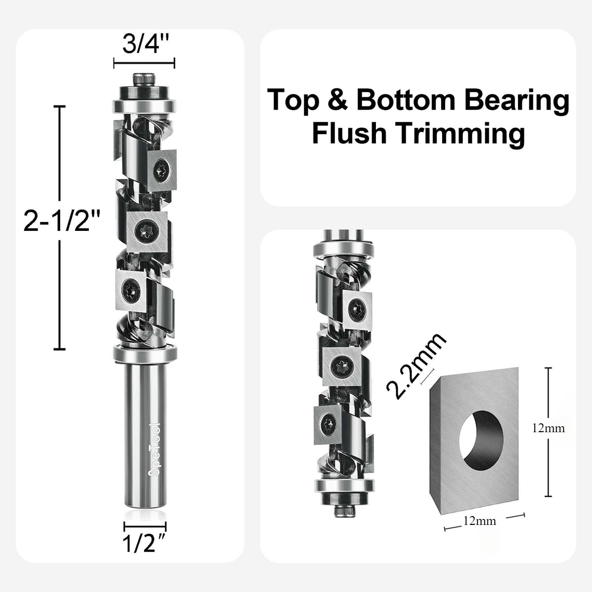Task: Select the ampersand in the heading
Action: coord(337,100)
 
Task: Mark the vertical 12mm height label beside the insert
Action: coord(548,428)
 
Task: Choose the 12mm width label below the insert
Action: coord(480,521)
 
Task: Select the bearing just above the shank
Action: coord(144,353)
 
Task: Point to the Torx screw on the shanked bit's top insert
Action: coord(161,172)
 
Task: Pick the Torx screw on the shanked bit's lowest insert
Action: coord(130,286)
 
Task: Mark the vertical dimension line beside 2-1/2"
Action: coord(60,227)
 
